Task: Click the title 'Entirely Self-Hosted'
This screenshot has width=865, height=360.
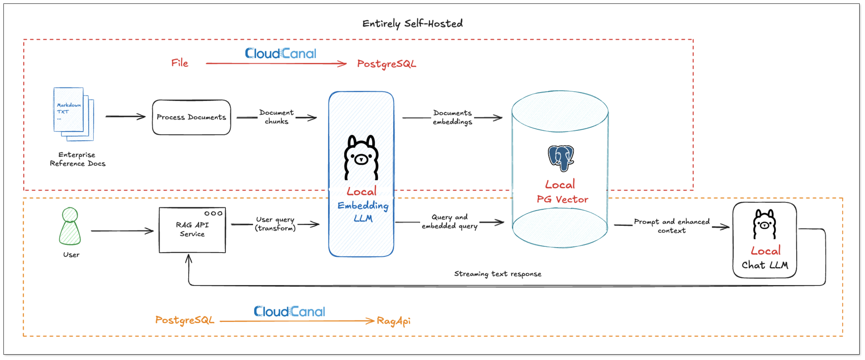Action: [412, 24]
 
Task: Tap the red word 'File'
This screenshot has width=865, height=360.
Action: [180, 63]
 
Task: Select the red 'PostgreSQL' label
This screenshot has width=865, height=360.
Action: [387, 64]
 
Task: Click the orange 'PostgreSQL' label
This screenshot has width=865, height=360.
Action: [185, 320]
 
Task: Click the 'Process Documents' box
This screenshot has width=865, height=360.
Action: [191, 117]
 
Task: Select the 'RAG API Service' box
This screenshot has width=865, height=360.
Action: [192, 230]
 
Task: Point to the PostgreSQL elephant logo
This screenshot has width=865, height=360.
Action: [561, 158]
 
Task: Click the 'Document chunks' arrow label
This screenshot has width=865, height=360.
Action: [276, 117]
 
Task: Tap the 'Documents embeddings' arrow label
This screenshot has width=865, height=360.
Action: [452, 117]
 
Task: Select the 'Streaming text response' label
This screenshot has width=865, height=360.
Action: [498, 274]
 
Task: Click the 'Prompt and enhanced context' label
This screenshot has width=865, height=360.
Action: [672, 226]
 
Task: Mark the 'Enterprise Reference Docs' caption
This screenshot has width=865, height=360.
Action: [77, 159]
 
